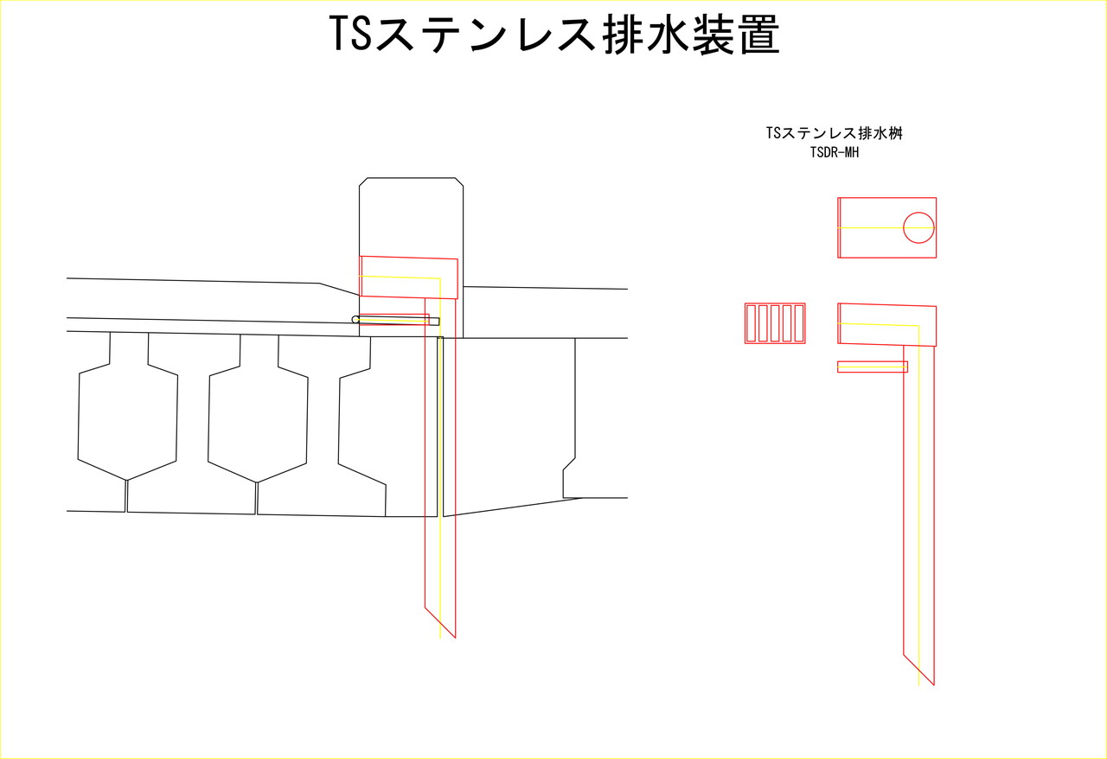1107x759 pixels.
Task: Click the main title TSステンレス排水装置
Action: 554,34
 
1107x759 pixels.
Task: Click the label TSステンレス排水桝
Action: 835,133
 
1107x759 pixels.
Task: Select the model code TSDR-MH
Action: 835,153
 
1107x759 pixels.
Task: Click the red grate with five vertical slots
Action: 775,323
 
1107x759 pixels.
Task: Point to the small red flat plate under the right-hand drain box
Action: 873,367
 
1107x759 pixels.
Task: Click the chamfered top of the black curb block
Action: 411,178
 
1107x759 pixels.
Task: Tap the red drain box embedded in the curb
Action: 409,277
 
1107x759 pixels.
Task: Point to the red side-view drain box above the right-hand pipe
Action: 887,325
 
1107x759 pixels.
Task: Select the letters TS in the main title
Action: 350,34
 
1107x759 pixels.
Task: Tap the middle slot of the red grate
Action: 775,323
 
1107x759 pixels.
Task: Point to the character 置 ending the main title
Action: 759,34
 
